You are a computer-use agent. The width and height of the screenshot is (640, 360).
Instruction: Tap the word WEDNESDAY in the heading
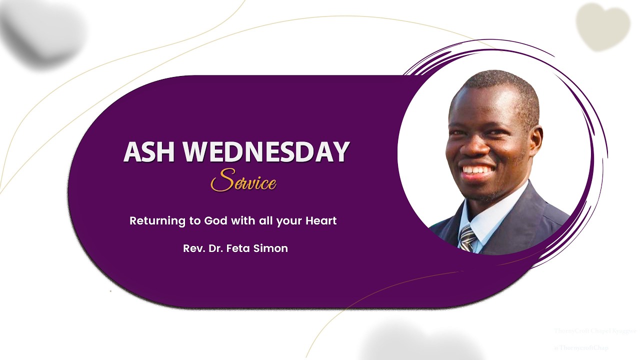click(x=266, y=152)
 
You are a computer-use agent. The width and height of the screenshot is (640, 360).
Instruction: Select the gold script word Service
click(x=243, y=181)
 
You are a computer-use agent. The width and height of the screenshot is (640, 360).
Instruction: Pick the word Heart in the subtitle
click(x=321, y=220)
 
